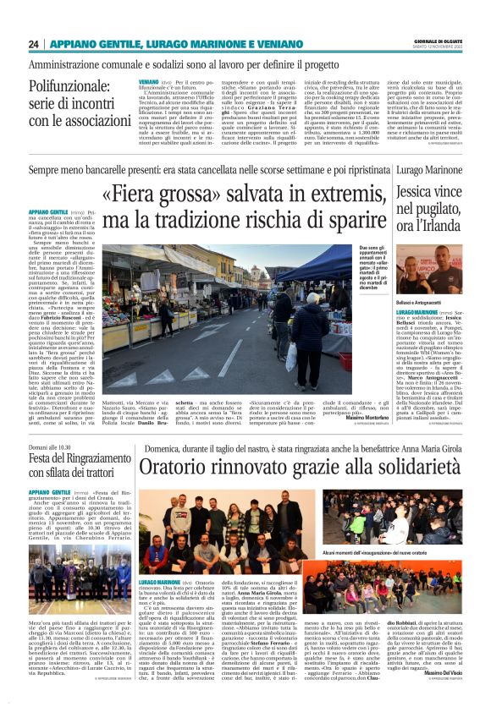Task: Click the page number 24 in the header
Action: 34,44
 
